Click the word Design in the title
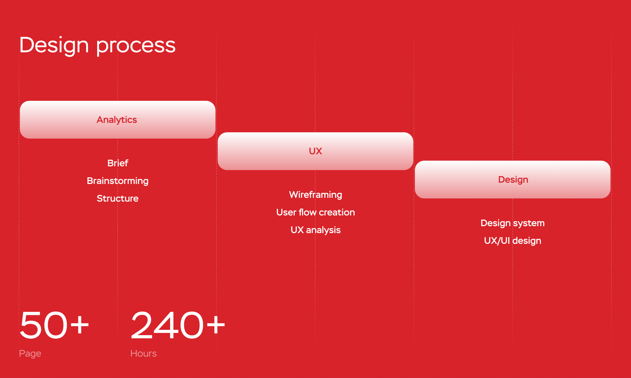point(54,45)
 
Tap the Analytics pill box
point(118,120)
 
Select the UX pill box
point(315,151)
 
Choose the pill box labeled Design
point(513,180)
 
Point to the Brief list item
point(118,163)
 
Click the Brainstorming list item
point(118,181)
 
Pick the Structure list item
point(118,198)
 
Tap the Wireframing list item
point(315,195)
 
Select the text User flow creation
point(315,212)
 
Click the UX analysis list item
point(315,230)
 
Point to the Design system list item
point(513,223)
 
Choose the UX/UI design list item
point(513,241)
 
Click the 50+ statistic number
point(54,325)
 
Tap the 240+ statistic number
point(178,325)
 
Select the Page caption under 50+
point(30,354)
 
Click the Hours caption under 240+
point(144,353)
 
